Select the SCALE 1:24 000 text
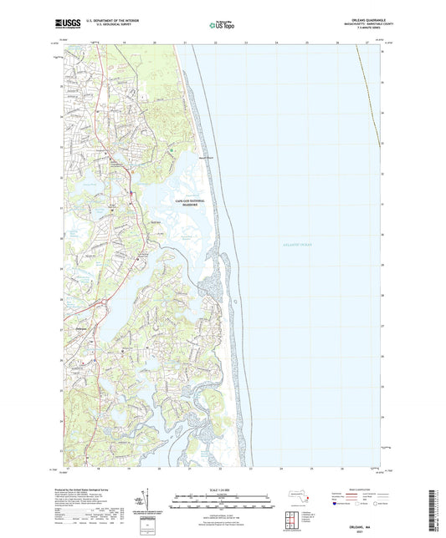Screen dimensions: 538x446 click(222, 490)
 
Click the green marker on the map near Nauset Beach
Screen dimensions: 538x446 click(172, 150)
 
